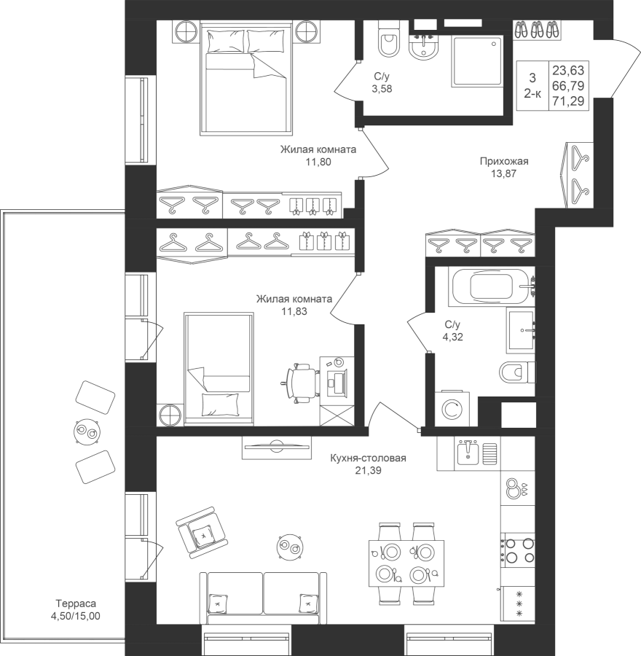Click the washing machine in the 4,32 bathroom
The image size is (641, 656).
452,409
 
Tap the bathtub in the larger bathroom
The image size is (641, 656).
491,287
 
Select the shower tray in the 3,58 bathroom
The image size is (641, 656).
477,61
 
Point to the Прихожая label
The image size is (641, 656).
504,161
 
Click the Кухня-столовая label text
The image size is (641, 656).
368,458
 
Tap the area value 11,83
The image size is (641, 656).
294,311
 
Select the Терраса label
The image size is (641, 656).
76,604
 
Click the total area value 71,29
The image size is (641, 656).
568,101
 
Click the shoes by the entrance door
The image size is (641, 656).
538,30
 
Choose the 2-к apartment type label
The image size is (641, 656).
532,94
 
